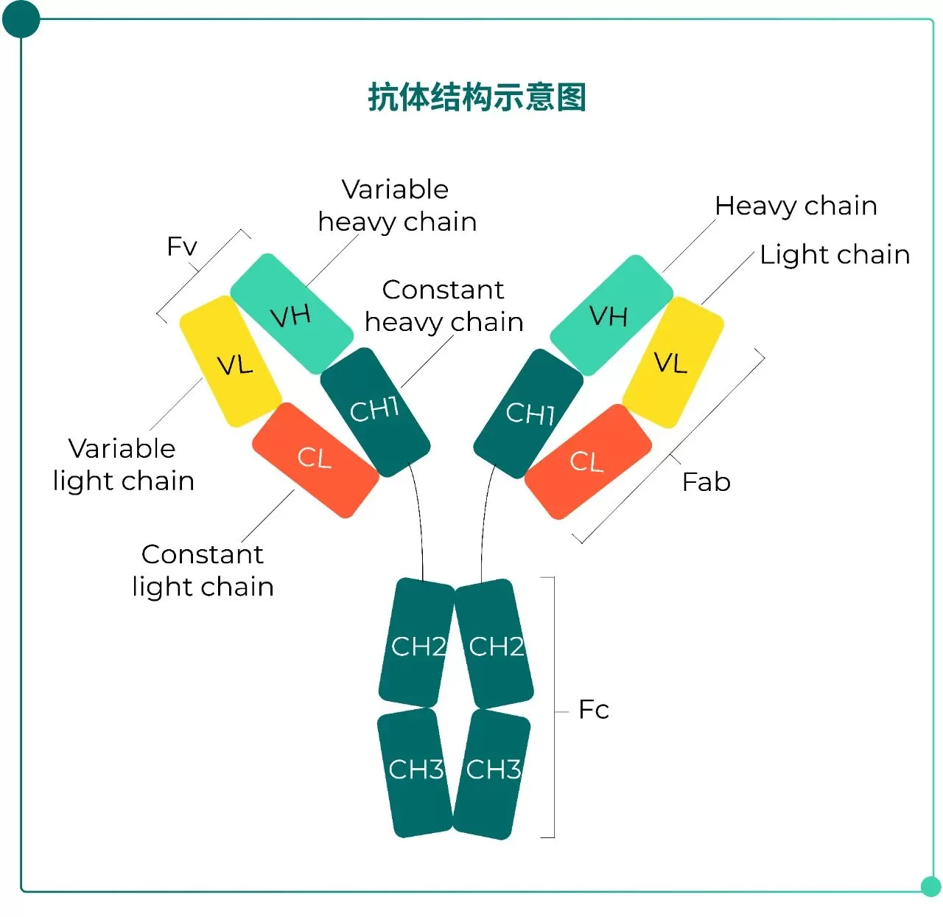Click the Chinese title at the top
(x=477, y=97)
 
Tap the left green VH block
(x=292, y=315)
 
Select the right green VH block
(x=611, y=315)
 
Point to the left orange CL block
(x=315, y=459)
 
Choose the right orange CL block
(x=587, y=461)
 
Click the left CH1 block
(x=375, y=411)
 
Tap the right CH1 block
(x=528, y=413)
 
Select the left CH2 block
(x=416, y=644)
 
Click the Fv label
(x=182, y=246)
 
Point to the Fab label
(x=706, y=482)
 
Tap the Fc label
(x=594, y=710)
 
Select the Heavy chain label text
(x=796, y=206)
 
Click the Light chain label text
(x=835, y=254)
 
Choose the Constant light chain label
(x=203, y=571)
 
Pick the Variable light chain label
(x=124, y=464)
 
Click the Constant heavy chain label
(x=444, y=306)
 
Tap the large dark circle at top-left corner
(x=21, y=20)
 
